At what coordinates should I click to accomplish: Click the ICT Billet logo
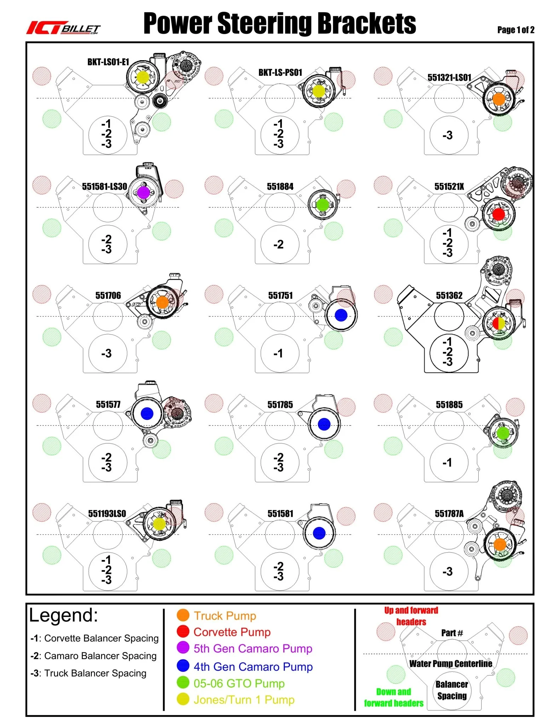tap(63, 28)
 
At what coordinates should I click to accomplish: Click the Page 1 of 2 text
tap(515, 30)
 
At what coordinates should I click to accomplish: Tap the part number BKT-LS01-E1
tap(108, 62)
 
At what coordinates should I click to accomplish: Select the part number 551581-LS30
tap(105, 187)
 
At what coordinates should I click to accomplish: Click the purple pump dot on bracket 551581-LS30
tap(143, 193)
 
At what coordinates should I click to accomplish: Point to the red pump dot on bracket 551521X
tap(498, 215)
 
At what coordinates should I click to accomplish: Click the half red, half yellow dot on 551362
tap(499, 323)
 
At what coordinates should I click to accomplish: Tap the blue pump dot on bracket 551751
tap(341, 315)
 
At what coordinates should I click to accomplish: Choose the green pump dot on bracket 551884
tap(323, 205)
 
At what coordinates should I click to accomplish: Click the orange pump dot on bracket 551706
tap(162, 302)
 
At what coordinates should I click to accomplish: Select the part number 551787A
tap(449, 514)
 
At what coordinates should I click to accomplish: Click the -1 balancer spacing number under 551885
tap(447, 462)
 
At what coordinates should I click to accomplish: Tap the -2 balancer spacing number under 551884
tap(278, 244)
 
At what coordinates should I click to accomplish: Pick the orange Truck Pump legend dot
tap(183, 615)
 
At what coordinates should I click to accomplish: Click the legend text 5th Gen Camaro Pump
tap(253, 649)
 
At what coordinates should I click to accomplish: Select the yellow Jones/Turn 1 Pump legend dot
tap(183, 699)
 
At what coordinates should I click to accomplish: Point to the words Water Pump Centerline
tap(451, 664)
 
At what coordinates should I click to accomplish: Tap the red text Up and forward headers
tap(411, 616)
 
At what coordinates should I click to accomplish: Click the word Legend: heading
tap(63, 615)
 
